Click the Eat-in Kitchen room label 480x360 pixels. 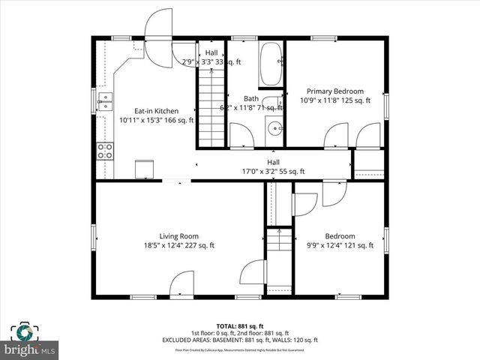(x=157, y=110)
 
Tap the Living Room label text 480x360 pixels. (x=178, y=236)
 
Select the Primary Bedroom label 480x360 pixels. (x=336, y=91)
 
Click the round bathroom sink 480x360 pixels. (x=274, y=128)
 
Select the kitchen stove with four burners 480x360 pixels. (x=105, y=150)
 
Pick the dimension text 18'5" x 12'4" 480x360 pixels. (x=178, y=245)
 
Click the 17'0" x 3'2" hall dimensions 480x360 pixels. (x=274, y=171)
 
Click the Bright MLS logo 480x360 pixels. (x=30, y=349)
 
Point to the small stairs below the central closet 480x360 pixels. (x=279, y=241)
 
